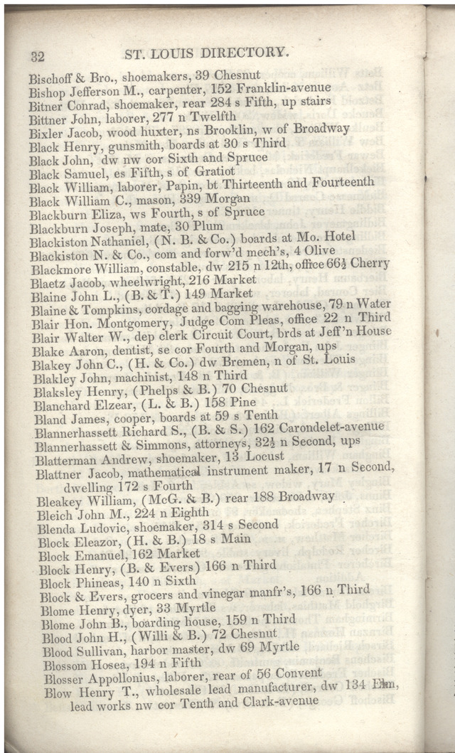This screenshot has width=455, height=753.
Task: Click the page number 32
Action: [37, 58]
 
